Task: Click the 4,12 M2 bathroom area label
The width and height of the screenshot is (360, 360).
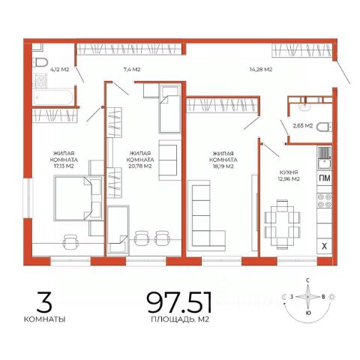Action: [x=59, y=70]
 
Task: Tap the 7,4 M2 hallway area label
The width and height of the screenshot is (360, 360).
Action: [x=132, y=70]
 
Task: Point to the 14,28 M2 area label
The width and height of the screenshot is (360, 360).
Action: [x=261, y=70]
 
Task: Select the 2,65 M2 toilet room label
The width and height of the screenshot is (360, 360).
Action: [x=303, y=126]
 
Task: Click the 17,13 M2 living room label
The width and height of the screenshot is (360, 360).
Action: [x=64, y=160]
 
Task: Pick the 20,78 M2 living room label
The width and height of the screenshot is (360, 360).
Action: [x=140, y=160]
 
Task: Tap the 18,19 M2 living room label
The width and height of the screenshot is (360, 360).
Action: [x=223, y=160]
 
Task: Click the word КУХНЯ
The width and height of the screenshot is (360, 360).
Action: [x=289, y=172]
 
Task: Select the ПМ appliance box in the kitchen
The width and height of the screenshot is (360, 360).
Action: [x=325, y=178]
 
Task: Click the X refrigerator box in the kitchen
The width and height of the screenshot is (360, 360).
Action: [x=325, y=247]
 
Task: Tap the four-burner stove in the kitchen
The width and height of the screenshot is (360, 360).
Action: [x=325, y=201]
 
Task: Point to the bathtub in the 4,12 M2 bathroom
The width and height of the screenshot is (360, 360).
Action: [x=53, y=97]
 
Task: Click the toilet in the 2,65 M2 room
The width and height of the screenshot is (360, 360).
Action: [x=324, y=127]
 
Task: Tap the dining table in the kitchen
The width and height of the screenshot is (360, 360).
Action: [x=282, y=224]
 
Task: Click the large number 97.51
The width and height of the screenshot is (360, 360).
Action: [x=179, y=303]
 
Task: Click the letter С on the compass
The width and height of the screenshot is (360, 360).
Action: [x=308, y=280]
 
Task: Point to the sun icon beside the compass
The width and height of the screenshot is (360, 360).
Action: [x=332, y=297]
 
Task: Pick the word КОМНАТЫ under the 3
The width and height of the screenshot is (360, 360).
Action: [x=45, y=319]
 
